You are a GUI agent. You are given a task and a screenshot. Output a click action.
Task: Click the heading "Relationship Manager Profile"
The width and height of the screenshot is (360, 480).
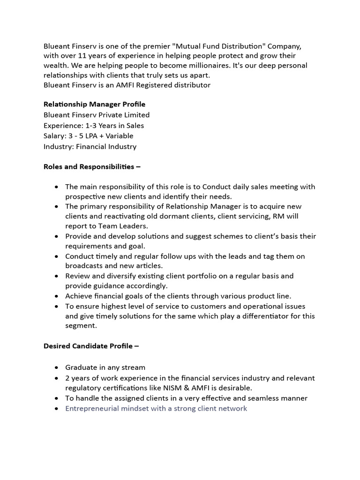click(94, 104)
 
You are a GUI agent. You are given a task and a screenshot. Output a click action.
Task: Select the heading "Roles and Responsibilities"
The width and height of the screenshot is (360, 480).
click(92, 166)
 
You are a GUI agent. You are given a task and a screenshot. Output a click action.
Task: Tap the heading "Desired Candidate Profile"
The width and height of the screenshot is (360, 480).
click(91, 346)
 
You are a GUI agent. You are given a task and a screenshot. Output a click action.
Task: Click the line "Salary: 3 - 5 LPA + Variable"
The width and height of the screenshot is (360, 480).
click(89, 136)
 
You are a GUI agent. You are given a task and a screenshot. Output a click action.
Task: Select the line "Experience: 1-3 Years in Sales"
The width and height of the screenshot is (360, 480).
click(94, 125)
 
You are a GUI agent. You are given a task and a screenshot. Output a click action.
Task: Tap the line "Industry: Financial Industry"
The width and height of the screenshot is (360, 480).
click(90, 146)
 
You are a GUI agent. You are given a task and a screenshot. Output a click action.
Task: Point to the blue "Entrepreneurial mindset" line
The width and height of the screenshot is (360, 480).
click(156, 408)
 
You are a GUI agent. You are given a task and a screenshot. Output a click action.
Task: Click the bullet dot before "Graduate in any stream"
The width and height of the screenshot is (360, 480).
click(57, 367)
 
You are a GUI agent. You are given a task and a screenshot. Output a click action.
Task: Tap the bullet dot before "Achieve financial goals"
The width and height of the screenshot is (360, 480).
click(57, 296)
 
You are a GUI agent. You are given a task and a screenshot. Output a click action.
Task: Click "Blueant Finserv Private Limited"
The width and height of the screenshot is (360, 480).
click(97, 115)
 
